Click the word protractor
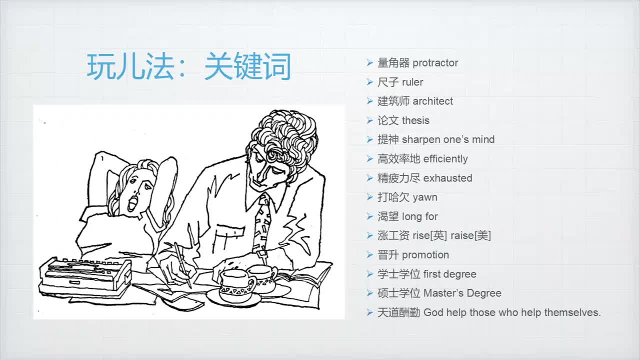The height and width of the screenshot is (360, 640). coord(435,63)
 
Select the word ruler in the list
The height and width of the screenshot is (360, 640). coord(412,82)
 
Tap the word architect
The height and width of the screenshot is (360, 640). coord(432,101)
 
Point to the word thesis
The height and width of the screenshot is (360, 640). coord(415,120)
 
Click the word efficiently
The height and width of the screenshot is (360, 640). coord(445,159)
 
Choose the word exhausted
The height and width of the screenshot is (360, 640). coord(447,178)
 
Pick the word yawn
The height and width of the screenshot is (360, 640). coord(425,197)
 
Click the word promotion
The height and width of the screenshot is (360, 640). coord(425,255)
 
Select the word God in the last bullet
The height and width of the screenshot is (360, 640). coord(433,312)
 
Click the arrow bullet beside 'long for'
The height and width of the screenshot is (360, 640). coord(369,216)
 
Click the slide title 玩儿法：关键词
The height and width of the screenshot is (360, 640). coord(189,66)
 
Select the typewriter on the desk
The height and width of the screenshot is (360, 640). coord(85,275)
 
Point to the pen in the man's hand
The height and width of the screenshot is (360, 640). coord(182,265)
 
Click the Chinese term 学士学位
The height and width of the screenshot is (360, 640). coord(398,274)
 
